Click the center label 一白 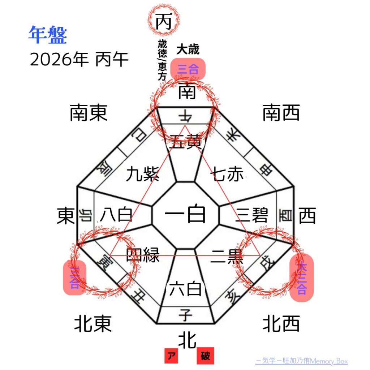tap(185, 215)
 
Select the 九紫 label tap(143, 175)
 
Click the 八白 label tap(116, 215)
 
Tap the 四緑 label tap(143, 254)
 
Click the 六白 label tap(185, 289)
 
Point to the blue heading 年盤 tap(47, 35)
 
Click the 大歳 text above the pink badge tap(188, 50)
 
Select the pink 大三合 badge tap(302, 279)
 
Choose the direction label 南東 tap(89, 113)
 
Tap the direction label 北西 tap(281, 324)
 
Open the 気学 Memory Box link tap(301, 361)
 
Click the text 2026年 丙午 tap(79, 60)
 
